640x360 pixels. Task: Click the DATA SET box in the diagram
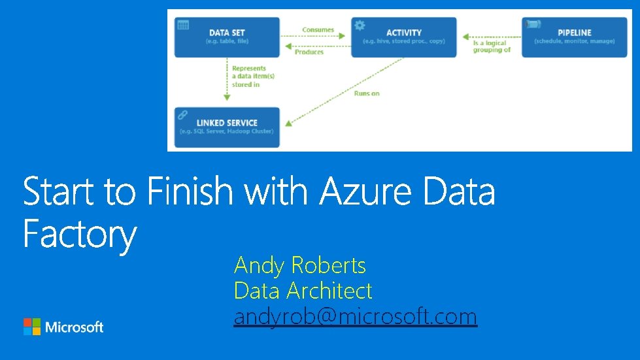tap(227, 37)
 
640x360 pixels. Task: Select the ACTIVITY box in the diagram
tap(403, 37)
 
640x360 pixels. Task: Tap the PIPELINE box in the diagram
tap(575, 37)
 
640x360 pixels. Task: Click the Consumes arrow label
tap(318, 30)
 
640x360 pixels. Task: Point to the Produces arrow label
tap(309, 52)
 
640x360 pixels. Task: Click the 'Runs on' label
tap(367, 93)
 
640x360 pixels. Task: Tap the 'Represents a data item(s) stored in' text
tap(253, 76)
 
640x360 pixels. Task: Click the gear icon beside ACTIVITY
tap(359, 25)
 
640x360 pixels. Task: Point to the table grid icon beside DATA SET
tap(183, 25)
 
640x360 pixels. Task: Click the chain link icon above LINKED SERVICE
tap(183, 114)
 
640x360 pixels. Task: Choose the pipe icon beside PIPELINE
tap(532, 25)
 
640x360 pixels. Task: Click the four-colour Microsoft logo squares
tap(31, 327)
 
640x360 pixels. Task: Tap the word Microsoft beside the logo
tap(75, 327)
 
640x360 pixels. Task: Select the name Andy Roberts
tap(299, 265)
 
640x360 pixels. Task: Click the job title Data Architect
tap(303, 291)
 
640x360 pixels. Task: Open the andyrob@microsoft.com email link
tap(355, 317)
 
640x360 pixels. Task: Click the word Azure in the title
tap(367, 191)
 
